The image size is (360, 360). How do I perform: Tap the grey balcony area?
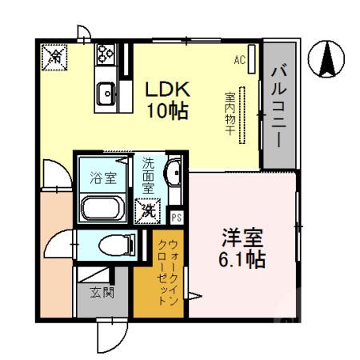(x=279, y=104)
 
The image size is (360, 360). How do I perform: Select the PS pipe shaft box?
(x=176, y=216)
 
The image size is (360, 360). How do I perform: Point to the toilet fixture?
(x=109, y=245)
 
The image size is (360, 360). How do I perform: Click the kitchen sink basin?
(x=106, y=94)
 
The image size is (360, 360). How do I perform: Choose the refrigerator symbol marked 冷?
(x=55, y=56)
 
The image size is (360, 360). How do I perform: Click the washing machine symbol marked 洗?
(x=149, y=211)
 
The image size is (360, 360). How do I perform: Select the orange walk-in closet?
(x=169, y=276)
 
